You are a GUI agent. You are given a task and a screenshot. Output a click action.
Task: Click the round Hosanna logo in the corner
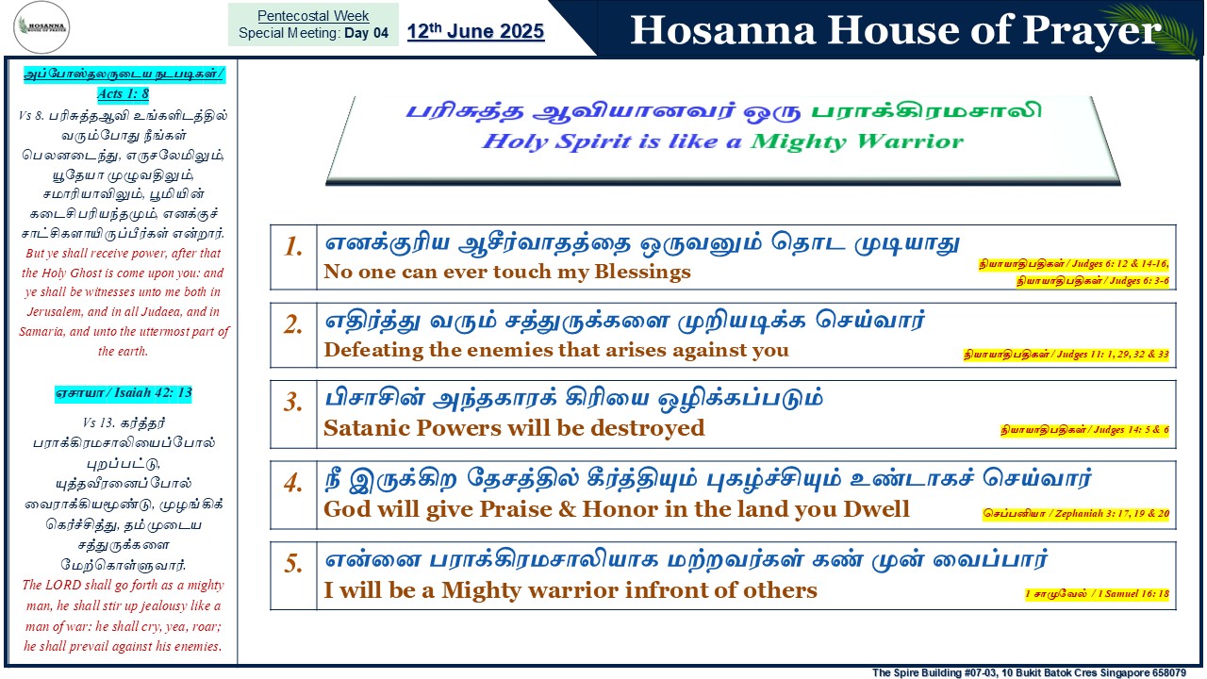[x=41, y=27]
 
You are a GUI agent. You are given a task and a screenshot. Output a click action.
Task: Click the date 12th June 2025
[x=475, y=31]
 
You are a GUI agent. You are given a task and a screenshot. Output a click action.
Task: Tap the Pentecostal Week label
[x=313, y=16]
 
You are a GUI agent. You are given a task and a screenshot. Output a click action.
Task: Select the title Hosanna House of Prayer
[x=896, y=29]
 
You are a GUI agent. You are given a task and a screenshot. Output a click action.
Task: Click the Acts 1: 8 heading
[x=123, y=93]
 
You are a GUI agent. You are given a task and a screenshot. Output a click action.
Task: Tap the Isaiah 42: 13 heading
[x=124, y=393]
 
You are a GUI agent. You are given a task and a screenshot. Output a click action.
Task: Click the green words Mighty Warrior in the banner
[x=857, y=141]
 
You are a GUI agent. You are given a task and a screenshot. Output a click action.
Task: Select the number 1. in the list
[x=293, y=247]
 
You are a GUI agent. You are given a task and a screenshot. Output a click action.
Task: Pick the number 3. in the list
[x=293, y=402]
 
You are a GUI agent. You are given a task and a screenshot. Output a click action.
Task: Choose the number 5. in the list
[x=293, y=564]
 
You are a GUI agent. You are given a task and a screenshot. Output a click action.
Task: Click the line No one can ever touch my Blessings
[x=507, y=272]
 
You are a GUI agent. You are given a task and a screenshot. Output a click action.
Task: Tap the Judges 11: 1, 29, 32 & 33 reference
[x=1066, y=354]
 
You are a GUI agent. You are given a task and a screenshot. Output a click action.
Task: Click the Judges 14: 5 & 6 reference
[x=1084, y=429]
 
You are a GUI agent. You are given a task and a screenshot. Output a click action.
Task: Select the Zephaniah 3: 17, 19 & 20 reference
[x=1076, y=514]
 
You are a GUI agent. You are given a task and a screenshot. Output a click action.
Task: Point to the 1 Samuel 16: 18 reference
[x=1097, y=594]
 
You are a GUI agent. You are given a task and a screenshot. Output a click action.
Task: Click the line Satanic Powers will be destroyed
[x=514, y=428]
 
